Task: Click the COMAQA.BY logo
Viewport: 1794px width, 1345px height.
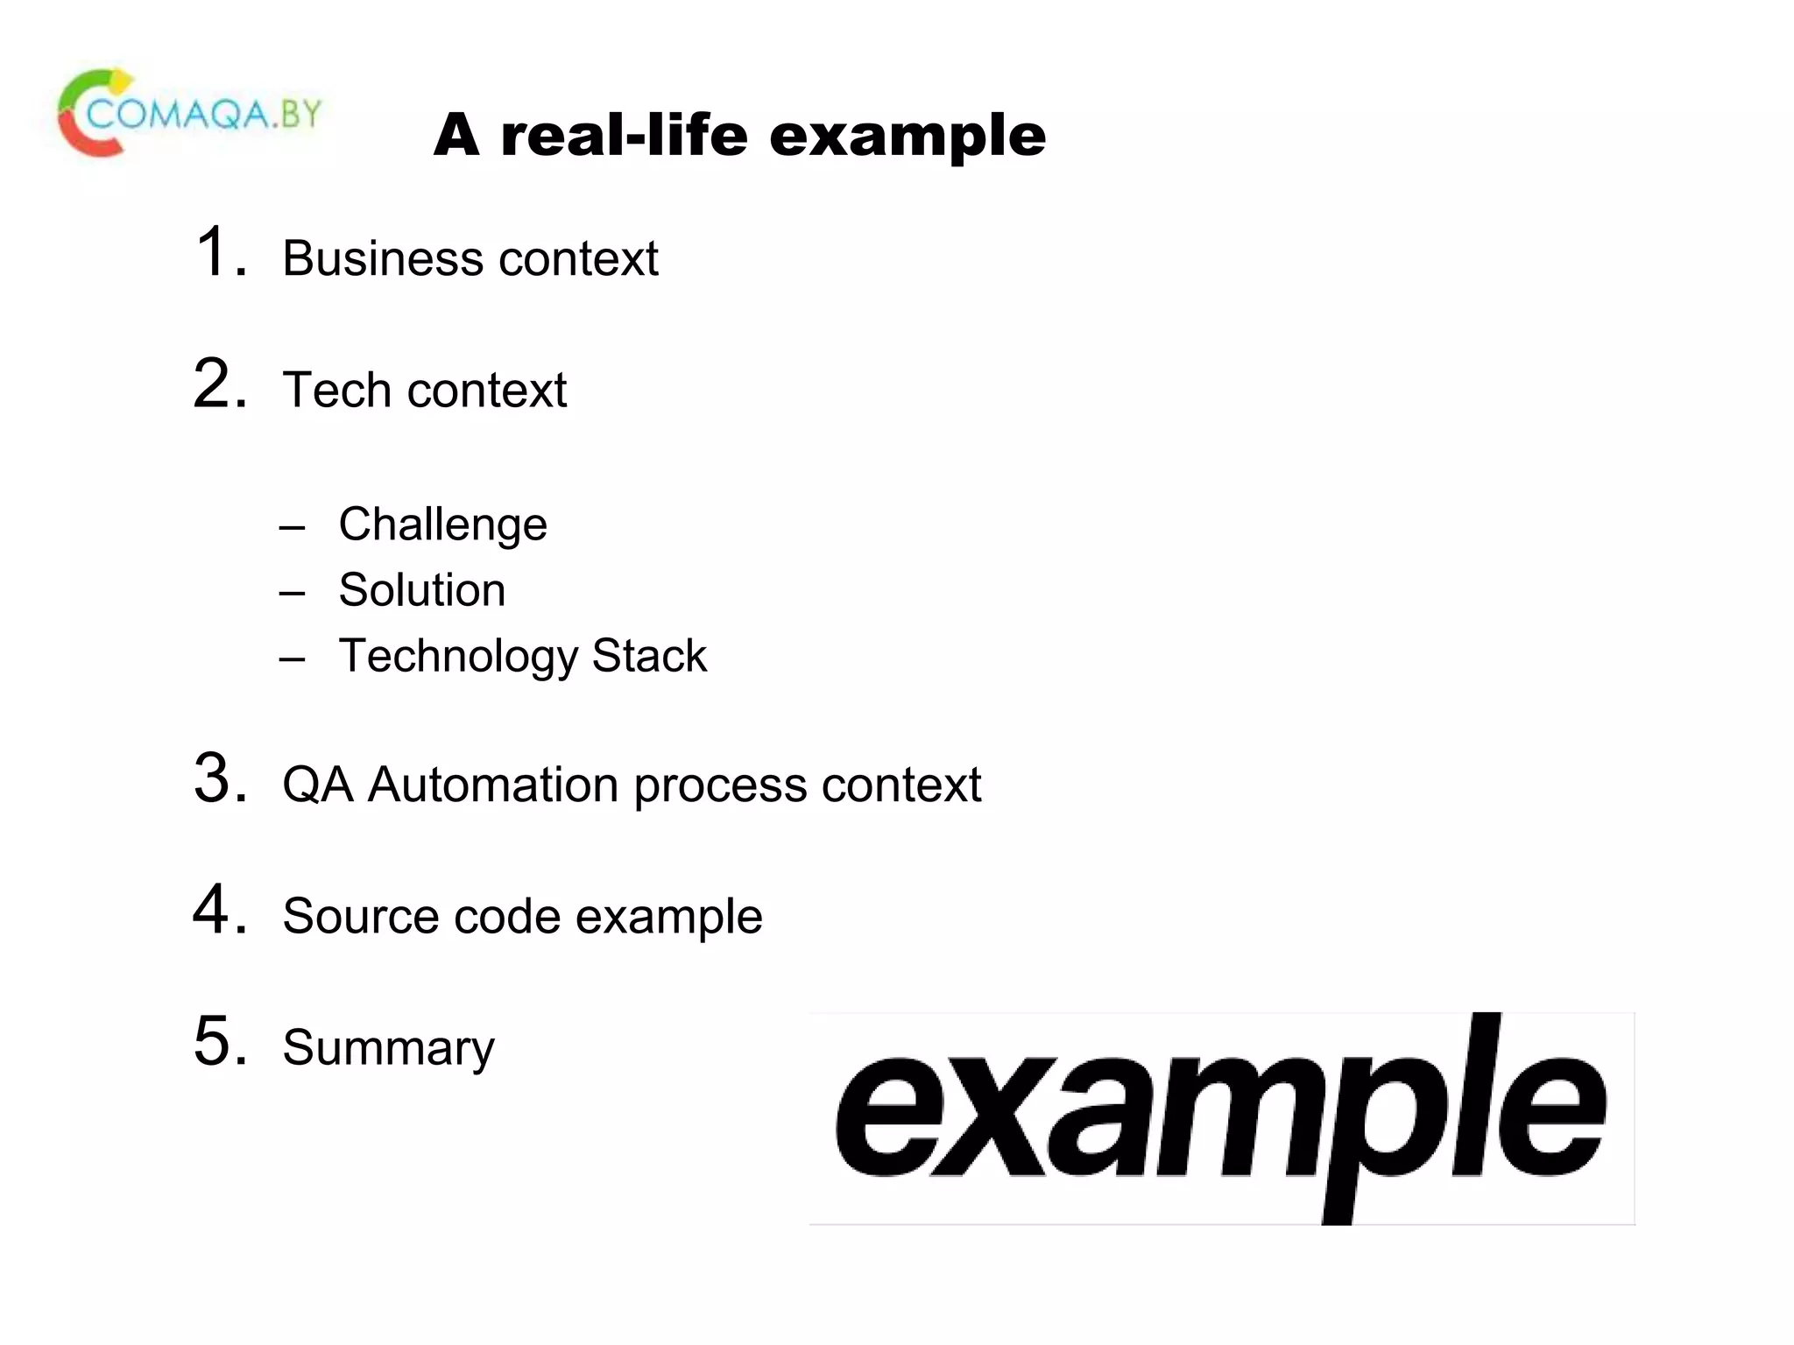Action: pos(190,114)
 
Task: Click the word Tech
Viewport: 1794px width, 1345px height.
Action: pos(336,390)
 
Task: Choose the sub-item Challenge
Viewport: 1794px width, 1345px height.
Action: pos(442,525)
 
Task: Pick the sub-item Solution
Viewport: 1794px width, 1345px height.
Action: pos(421,590)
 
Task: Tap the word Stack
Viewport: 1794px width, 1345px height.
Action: pos(649,656)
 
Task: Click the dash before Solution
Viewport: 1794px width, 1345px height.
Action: pos(293,593)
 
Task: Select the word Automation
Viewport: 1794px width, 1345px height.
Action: pos(493,785)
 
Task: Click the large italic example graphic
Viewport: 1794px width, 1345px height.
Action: pos(1221,1118)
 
